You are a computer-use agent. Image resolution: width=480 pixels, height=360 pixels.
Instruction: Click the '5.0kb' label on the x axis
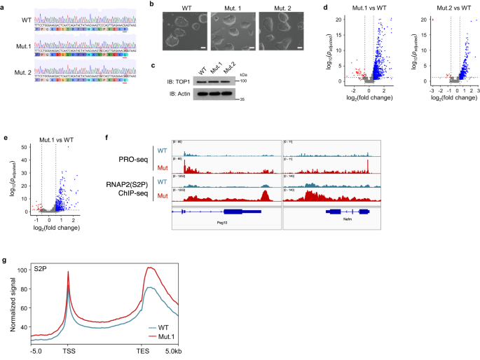point(184,352)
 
